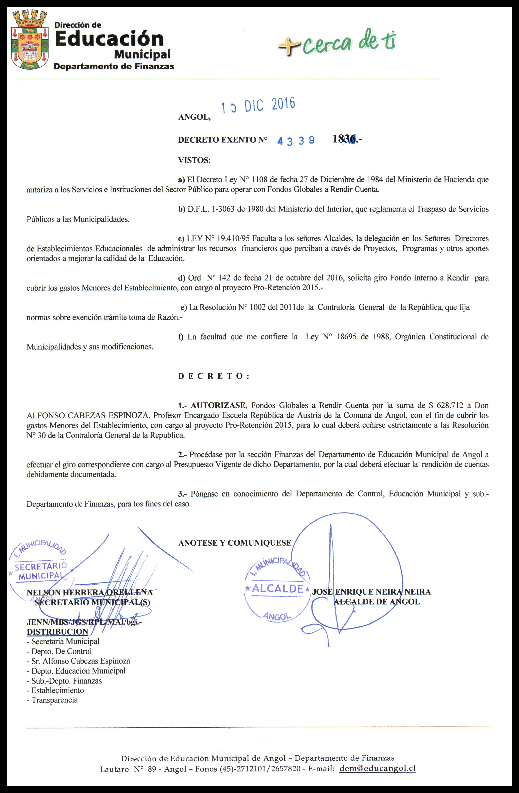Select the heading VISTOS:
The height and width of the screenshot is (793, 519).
click(195, 160)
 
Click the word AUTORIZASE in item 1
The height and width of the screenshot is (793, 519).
click(219, 405)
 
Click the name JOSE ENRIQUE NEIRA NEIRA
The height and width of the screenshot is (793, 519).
click(371, 592)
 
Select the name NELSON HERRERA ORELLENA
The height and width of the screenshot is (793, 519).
click(89, 592)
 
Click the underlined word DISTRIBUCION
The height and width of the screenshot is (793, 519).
click(57, 632)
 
